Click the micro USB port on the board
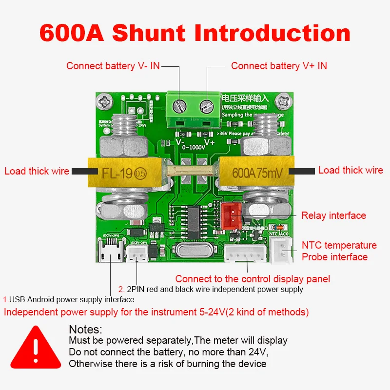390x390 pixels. [112, 253]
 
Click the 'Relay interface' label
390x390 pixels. [333, 215]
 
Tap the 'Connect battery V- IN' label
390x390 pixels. [113, 66]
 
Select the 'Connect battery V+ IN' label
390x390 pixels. [279, 66]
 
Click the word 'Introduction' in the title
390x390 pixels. [273, 33]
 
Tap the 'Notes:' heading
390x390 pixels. [86, 330]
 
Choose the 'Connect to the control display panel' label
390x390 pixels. [253, 279]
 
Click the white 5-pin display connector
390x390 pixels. [247, 253]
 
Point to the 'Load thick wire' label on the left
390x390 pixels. [36, 171]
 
